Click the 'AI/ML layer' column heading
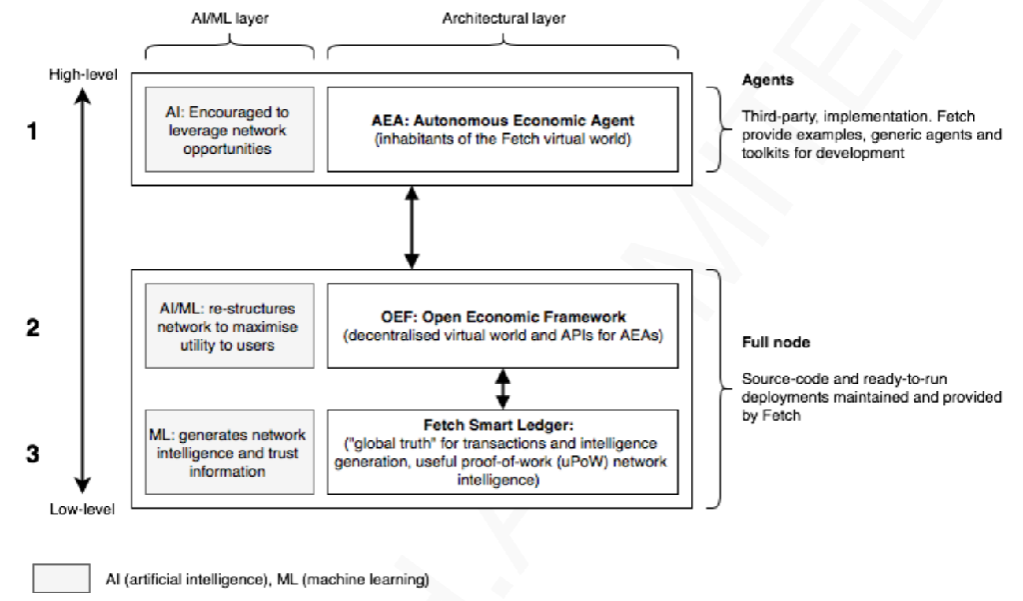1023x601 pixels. [230, 18]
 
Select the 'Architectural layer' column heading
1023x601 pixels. [504, 18]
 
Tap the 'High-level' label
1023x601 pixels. [83, 74]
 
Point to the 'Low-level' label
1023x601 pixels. [82, 509]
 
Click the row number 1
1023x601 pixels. [31, 131]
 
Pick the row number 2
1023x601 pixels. [33, 327]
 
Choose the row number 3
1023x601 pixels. [33, 453]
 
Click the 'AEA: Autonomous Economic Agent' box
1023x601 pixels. [503, 129]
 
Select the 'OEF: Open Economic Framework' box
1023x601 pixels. [503, 325]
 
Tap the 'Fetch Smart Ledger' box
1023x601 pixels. [503, 451]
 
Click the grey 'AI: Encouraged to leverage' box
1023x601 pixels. [230, 129]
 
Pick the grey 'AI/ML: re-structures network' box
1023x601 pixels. [230, 325]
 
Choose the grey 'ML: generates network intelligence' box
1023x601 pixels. [230, 451]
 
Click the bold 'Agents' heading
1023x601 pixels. [768, 80]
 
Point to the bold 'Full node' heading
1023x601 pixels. [775, 342]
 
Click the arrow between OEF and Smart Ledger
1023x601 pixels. [503, 389]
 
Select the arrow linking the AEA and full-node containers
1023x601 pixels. [412, 227]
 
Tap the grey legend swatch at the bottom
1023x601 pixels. [61, 578]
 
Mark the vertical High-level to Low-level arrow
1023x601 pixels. [82, 291]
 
